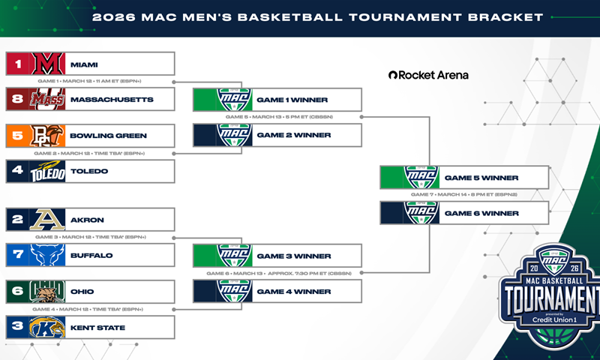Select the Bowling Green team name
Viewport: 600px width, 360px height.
[x=108, y=136]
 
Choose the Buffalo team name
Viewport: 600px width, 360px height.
[x=92, y=256]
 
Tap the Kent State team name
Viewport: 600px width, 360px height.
[x=97, y=328]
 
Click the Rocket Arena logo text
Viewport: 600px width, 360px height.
[x=428, y=75]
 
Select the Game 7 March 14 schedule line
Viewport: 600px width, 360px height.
[x=463, y=195]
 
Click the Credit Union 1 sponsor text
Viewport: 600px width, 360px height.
[x=553, y=320]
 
